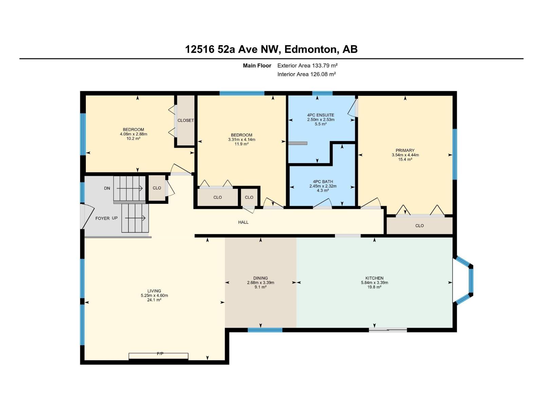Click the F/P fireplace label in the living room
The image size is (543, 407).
tap(160, 354)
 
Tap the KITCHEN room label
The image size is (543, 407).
tap(374, 278)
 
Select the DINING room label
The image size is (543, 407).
tap(260, 278)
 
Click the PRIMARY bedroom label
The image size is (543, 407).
tap(405, 151)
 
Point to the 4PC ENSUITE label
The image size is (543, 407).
tap(321, 115)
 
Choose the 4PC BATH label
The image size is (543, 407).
tap(323, 182)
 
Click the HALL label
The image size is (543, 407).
tap(243, 222)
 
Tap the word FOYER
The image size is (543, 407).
tap(102, 218)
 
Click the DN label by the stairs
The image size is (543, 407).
tap(107, 188)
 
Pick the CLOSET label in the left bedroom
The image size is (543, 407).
tap(186, 120)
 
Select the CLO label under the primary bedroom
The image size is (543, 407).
tap(419, 226)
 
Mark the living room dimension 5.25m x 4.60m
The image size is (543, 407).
tap(154, 295)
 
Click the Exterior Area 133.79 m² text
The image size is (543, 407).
tap(307, 65)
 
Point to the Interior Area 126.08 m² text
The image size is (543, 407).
tap(306, 74)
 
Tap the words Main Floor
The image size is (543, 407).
tap(257, 65)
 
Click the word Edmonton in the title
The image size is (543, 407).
tap(310, 50)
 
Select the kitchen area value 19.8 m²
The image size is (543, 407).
tap(374, 287)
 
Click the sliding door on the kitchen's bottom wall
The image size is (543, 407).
tap(388, 329)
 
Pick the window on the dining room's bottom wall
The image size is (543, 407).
tap(265, 330)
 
